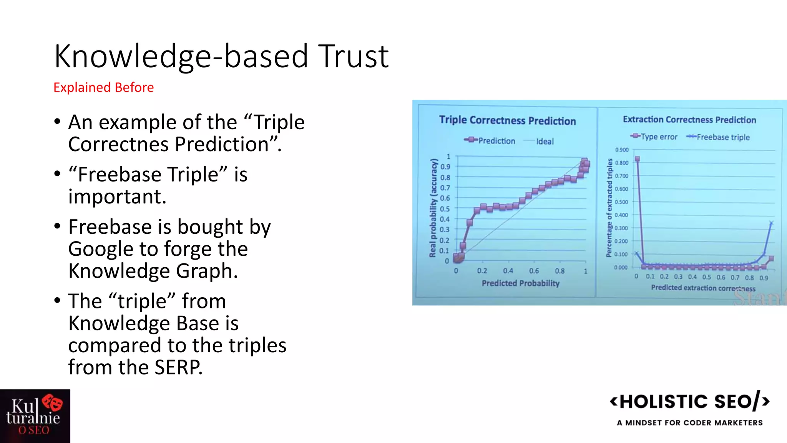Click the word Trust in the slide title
point(354,57)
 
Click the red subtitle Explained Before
point(103,88)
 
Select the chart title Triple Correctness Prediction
point(507,120)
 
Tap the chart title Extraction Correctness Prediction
point(689,120)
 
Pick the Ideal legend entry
point(545,142)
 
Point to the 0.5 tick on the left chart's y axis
point(445,209)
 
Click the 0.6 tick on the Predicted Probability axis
point(534,271)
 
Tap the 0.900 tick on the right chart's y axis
point(621,150)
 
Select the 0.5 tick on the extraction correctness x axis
point(707,277)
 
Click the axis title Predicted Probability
point(520,283)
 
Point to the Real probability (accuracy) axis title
point(433,208)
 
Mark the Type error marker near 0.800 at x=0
point(637,159)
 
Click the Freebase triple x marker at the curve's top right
point(771,223)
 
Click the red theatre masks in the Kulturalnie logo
point(53,403)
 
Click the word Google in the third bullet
point(101,249)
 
